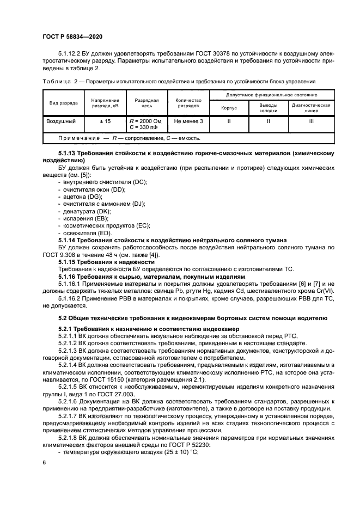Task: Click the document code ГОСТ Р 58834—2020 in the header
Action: [72, 36]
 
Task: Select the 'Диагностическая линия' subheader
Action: [311, 108]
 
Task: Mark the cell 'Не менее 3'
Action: [188, 121]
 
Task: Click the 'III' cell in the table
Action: [311, 121]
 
